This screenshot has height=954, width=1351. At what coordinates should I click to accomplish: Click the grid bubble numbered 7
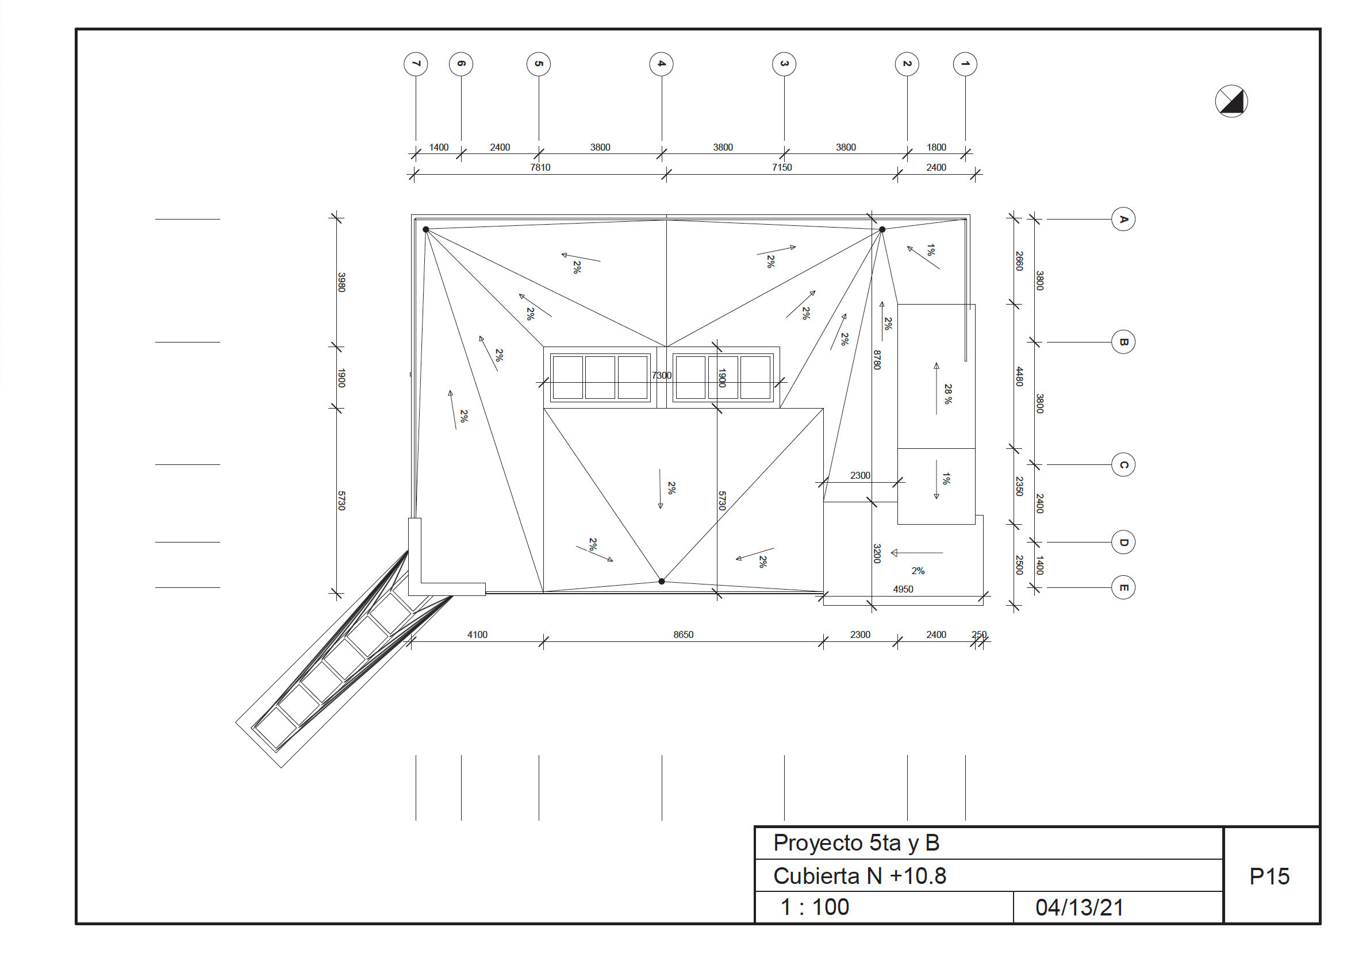416,64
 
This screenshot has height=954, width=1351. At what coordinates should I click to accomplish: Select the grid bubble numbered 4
661,64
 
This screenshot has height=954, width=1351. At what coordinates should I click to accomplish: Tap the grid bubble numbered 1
965,64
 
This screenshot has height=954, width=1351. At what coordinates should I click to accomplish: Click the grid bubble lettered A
1123,220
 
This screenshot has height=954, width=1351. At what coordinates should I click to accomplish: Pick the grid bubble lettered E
1123,587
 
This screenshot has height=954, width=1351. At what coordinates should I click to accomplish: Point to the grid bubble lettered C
1123,465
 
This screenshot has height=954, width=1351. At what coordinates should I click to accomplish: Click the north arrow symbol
1231,101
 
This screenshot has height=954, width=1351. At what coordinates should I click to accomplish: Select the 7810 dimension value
540,168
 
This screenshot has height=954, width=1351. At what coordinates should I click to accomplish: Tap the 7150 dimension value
782,168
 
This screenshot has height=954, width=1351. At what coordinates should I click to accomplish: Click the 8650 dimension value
683,634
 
